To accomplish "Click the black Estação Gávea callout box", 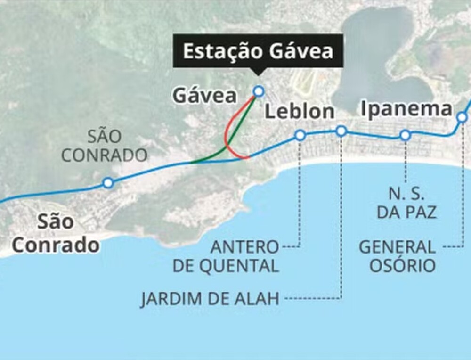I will (x=258, y=51).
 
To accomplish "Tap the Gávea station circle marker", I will (x=258, y=91).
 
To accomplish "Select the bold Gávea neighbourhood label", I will (x=205, y=96).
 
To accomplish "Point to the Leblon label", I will (x=300, y=112).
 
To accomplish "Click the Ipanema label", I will (x=406, y=109).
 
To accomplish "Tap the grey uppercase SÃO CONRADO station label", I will (x=105, y=146).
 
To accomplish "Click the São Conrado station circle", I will (x=108, y=182).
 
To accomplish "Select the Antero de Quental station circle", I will (x=300, y=136).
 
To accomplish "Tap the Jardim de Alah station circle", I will (x=341, y=131).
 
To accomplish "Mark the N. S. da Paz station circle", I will (x=405, y=136).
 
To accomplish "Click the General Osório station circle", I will (x=463, y=117).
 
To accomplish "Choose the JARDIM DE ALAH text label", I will (x=210, y=299).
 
